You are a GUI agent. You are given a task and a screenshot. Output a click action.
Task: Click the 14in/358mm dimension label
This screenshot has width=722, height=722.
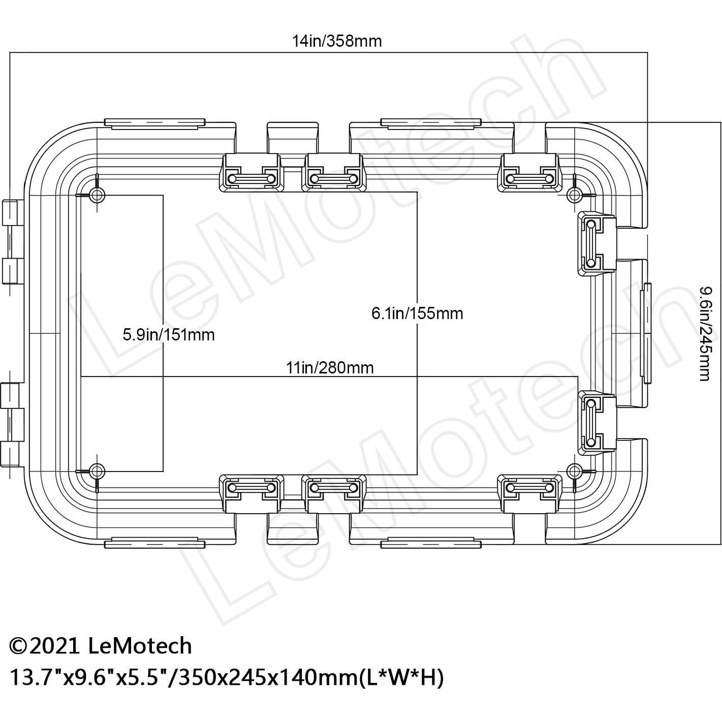[336, 41]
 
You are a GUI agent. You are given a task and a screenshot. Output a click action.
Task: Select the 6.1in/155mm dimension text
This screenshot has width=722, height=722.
[417, 313]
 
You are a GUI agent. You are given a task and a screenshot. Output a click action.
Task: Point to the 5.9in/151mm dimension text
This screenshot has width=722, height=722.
[169, 335]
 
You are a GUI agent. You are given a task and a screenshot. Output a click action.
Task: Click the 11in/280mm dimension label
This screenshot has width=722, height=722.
[330, 367]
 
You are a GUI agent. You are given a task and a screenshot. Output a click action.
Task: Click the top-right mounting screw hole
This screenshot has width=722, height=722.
[574, 194]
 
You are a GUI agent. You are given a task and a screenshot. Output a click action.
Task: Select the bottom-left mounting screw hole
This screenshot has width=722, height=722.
[97, 469]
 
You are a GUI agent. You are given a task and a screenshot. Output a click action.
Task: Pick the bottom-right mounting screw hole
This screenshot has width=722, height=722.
[574, 469]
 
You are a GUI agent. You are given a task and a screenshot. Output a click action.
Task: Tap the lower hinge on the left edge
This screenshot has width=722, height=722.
[11, 424]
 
